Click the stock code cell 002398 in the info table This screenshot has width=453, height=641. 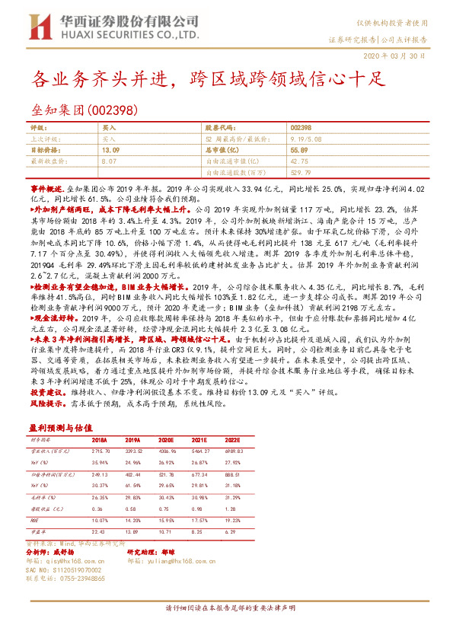point(301,129)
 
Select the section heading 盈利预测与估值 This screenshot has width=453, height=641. point(65,427)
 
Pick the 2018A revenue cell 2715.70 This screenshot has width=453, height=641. point(103,451)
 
